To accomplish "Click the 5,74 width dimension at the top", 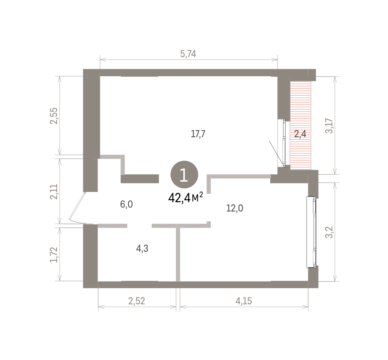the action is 188,54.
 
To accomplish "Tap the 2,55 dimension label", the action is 54,116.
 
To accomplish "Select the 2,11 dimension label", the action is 54,191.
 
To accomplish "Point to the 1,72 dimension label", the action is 54,255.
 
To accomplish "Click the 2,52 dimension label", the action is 136,301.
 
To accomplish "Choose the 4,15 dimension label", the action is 243,301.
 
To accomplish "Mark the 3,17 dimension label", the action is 329,126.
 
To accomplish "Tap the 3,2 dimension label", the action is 329,232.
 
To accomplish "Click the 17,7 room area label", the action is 198,134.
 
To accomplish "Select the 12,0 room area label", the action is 235,208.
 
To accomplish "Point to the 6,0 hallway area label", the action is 126,205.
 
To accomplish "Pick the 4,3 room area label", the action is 142,249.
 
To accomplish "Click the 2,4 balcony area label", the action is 300,134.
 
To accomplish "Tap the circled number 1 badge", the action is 184,175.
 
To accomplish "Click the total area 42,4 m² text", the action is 186,198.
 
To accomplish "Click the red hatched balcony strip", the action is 300,125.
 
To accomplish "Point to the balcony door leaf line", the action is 276,152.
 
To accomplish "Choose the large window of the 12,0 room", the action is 311,232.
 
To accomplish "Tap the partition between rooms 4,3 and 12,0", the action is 178,253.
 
